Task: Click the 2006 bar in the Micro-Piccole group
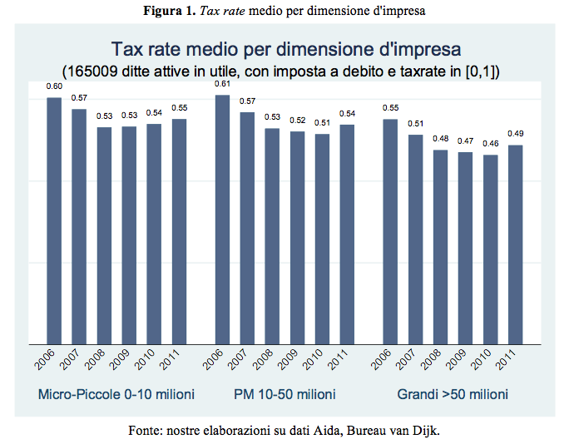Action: pyautogui.click(x=54, y=220)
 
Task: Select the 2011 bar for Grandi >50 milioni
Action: pyautogui.click(x=515, y=244)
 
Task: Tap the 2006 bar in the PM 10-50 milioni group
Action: pyautogui.click(x=222, y=219)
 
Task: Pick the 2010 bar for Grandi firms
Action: pyautogui.click(x=490, y=249)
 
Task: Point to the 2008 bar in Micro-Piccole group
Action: pyautogui.click(x=104, y=234)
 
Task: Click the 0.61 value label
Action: pyautogui.click(x=222, y=84)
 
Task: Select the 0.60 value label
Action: pyautogui.click(x=54, y=86)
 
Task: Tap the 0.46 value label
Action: pyautogui.click(x=490, y=144)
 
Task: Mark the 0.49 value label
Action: pyautogui.click(x=515, y=134)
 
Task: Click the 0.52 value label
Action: pyautogui.click(x=297, y=121)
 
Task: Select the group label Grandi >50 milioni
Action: pyautogui.click(x=453, y=393)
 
